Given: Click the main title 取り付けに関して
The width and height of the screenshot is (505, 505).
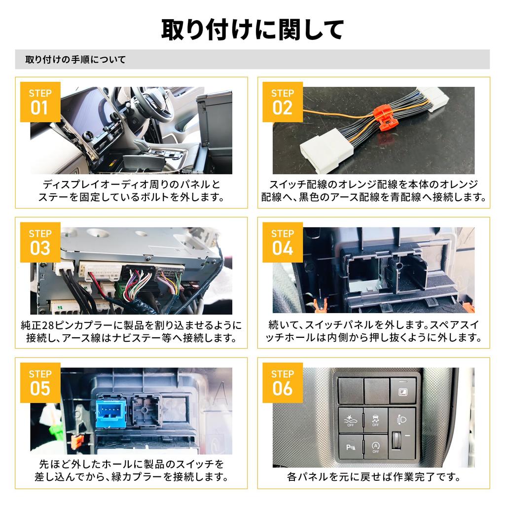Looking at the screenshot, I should (x=252, y=30).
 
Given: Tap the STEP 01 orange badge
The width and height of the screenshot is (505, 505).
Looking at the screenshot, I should (x=40, y=102).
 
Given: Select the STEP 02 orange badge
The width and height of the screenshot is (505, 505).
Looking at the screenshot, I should (x=283, y=102).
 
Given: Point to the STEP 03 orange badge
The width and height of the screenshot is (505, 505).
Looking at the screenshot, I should (x=40, y=242).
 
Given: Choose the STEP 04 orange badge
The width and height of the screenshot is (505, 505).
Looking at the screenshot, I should (x=283, y=242).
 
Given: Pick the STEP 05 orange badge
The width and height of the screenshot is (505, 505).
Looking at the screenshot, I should (x=40, y=383).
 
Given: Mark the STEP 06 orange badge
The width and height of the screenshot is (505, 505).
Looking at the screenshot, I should (x=283, y=383).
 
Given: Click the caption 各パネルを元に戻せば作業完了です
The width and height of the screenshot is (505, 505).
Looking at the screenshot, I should (x=373, y=477).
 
